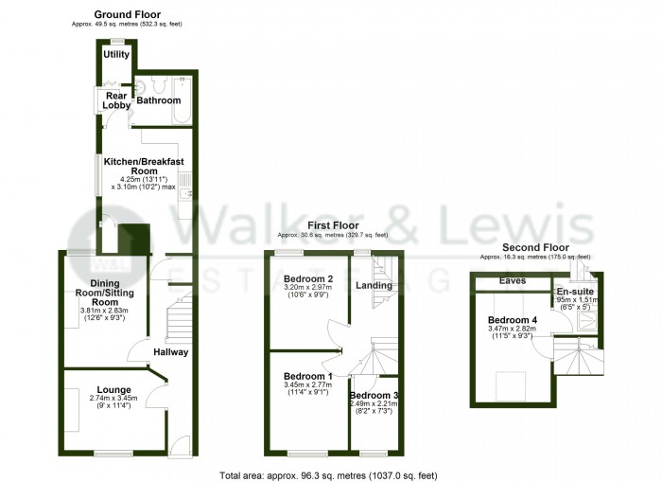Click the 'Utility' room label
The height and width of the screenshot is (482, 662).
click(117, 54)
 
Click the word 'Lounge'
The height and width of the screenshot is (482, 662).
click(113, 389)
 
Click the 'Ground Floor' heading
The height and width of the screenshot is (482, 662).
click(128, 15)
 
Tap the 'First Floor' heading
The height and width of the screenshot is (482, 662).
click(332, 224)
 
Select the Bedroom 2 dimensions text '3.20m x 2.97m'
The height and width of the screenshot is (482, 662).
click(307, 288)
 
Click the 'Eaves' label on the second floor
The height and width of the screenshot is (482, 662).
click(513, 281)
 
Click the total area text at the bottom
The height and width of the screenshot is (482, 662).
click(329, 474)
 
